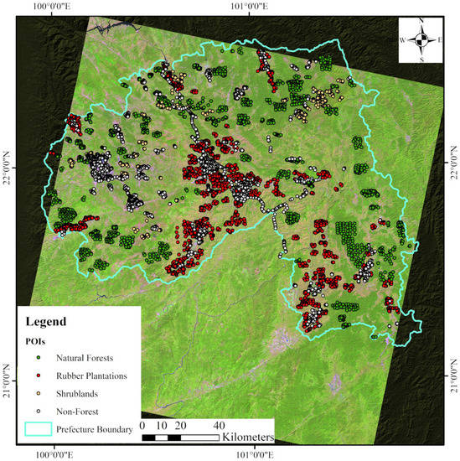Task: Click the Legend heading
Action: click(x=49, y=321)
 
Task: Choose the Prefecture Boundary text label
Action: click(x=96, y=429)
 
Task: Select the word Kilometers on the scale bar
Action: click(x=251, y=438)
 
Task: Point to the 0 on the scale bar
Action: click(x=144, y=425)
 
